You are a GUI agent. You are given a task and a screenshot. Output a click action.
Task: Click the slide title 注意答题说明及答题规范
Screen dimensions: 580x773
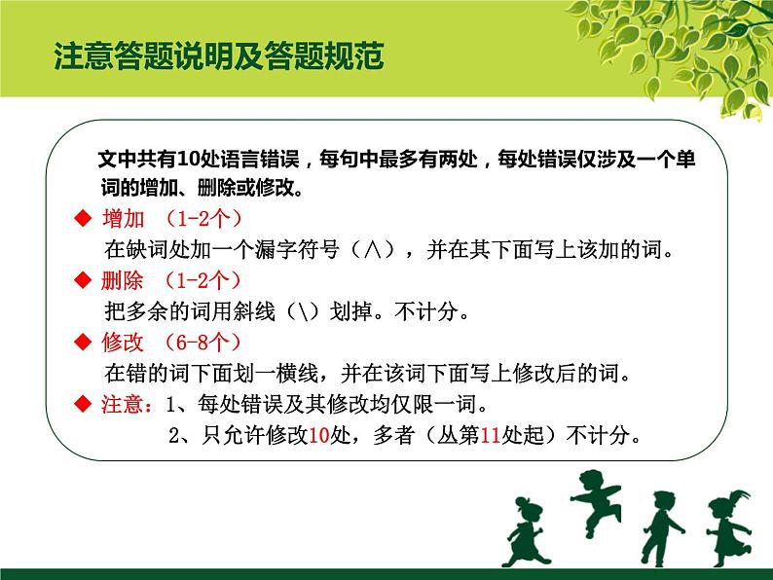pos(219,56)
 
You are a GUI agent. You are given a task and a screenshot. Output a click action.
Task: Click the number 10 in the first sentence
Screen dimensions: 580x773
pos(177,160)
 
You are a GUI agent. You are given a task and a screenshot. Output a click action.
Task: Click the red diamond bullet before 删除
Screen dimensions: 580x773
pos(82,281)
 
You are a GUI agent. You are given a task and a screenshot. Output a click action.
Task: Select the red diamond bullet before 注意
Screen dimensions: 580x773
pos(82,404)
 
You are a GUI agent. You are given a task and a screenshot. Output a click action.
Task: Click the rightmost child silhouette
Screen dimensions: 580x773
pos(728,526)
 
